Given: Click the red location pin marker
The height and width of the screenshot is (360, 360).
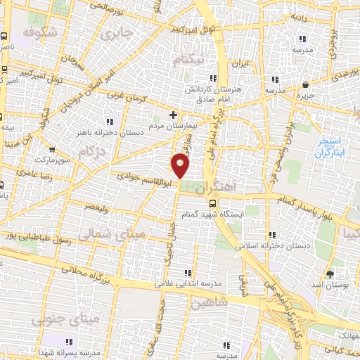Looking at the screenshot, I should [181, 166].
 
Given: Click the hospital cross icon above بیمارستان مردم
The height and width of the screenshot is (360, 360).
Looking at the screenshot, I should [174, 114].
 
